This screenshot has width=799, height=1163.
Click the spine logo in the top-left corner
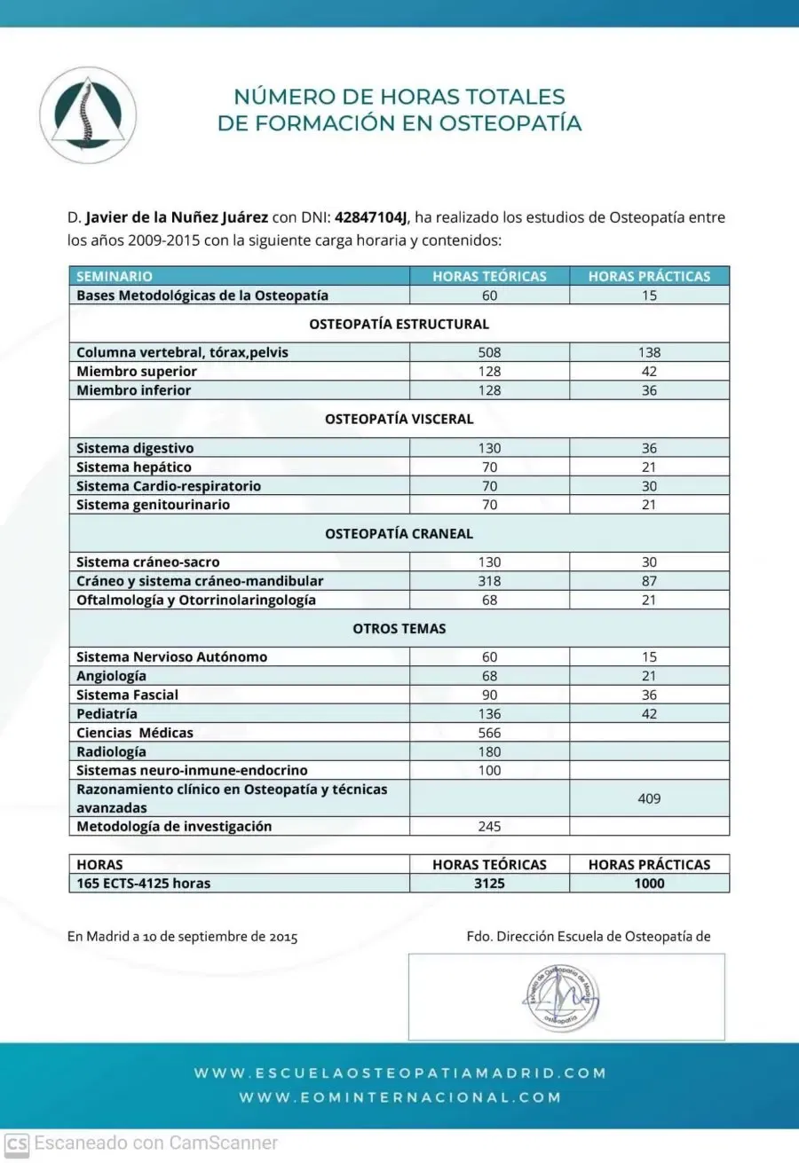pos(88,115)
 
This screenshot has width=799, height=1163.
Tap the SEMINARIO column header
pos(115,277)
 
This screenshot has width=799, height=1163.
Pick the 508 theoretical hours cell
pos(489,352)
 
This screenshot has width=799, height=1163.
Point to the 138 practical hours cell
pos(649,352)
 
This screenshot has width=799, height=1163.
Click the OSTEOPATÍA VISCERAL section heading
pos(399,419)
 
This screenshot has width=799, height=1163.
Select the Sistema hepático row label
pos(134,467)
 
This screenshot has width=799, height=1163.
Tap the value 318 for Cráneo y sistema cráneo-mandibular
pos(489,581)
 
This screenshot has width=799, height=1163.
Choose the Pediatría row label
pos(107,713)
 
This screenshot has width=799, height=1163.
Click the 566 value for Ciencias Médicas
pos(489,733)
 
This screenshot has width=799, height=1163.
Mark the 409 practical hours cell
pos(649,798)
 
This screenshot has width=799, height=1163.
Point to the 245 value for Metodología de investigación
pos(489,826)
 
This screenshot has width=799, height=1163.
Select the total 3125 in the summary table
pos(489,883)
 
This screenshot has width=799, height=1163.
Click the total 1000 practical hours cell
pos(649,883)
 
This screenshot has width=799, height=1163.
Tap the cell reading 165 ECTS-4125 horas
pos(144,883)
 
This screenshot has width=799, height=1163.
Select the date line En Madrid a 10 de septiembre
pos(182,936)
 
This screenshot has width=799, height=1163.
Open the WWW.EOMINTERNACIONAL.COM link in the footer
pos(399,1097)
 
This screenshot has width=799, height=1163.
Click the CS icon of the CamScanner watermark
pos(16,1143)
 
